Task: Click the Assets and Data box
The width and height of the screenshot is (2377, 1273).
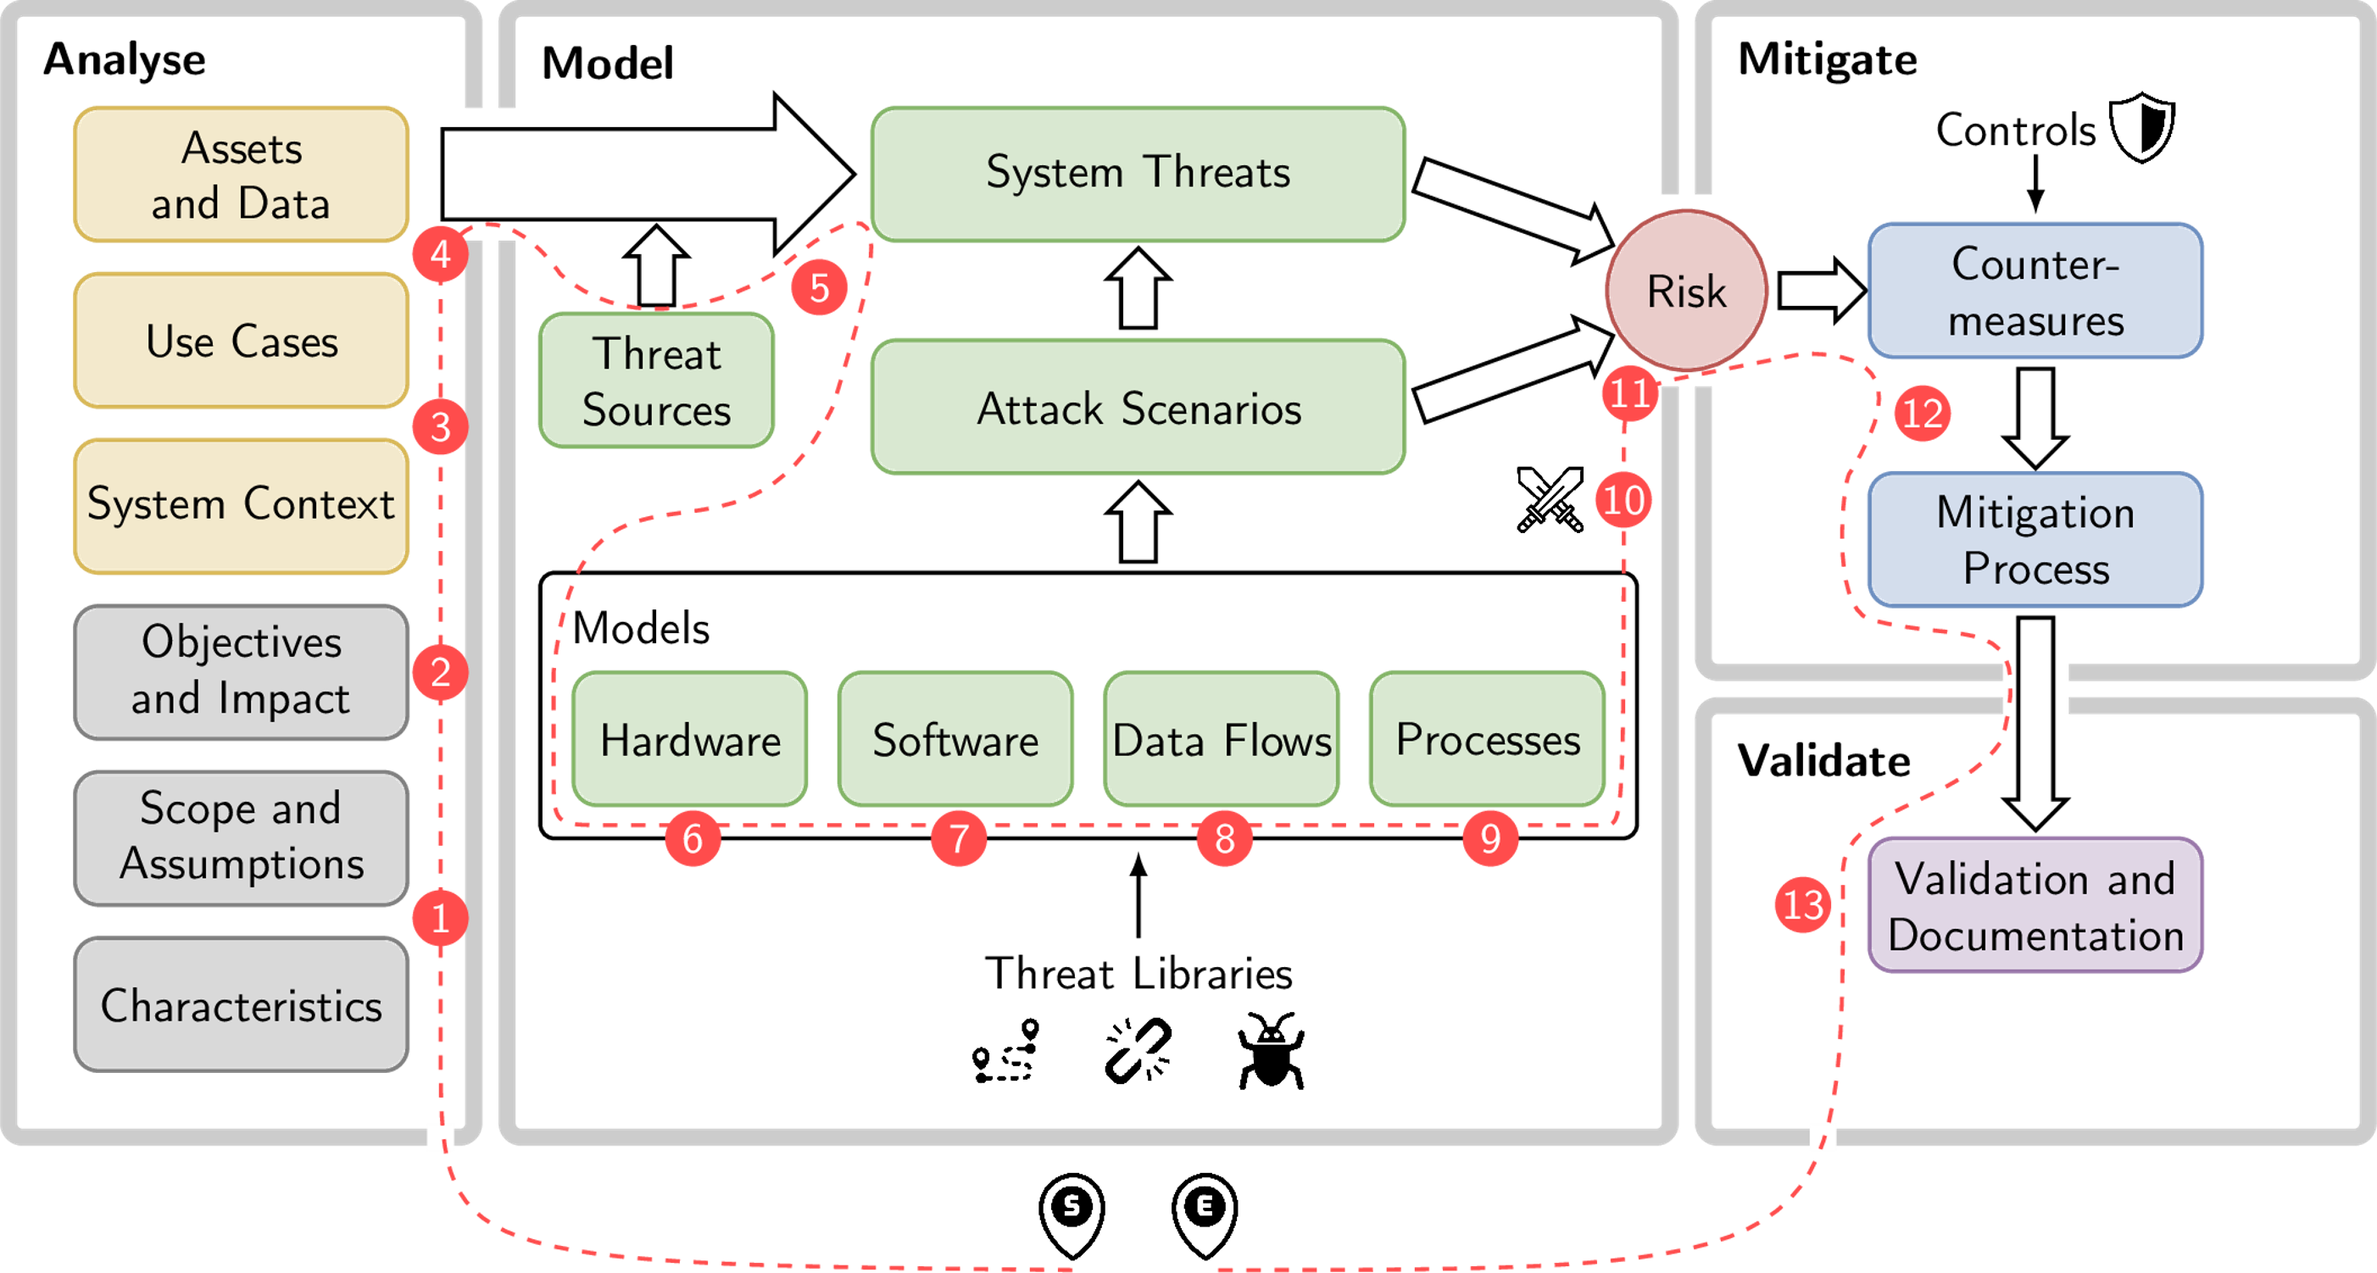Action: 241,175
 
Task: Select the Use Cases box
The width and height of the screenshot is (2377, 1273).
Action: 241,341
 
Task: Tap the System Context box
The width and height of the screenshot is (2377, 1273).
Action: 241,505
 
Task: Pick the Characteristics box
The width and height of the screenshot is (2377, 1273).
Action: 241,1004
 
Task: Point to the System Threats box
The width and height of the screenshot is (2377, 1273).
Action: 1138,174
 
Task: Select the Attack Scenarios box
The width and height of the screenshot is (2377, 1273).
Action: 1138,407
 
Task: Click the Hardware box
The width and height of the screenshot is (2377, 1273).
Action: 689,739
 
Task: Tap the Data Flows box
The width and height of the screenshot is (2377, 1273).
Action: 1221,739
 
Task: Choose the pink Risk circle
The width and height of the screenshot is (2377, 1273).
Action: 1686,292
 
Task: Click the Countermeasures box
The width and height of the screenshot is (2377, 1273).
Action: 2035,292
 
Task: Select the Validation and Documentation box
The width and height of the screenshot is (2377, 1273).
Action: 2035,906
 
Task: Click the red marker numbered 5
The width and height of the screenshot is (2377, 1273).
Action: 819,288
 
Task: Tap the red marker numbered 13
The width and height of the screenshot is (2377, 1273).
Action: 1802,904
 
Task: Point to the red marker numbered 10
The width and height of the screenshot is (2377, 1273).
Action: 1623,500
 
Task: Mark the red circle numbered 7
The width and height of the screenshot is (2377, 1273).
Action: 958,838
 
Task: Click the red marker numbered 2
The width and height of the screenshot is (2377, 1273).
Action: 440,672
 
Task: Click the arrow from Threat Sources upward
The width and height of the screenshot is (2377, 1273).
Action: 656,268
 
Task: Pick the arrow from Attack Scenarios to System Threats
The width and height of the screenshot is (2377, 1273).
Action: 1138,290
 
